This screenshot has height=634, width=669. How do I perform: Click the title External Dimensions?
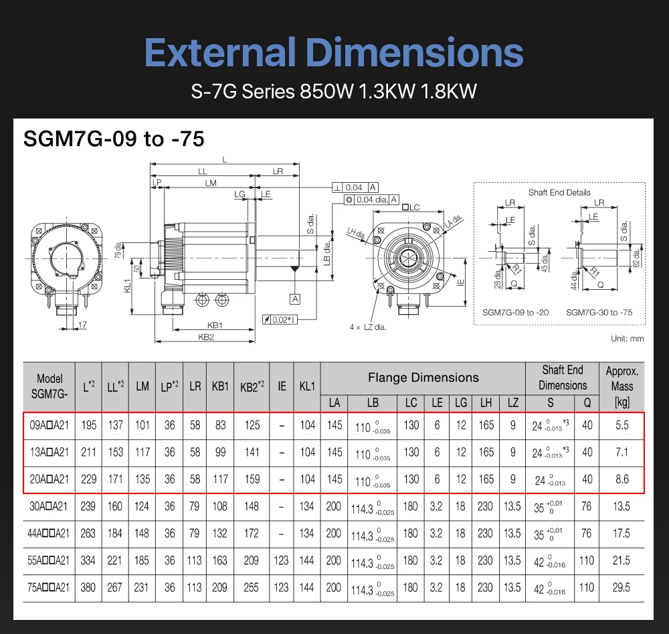point(334,52)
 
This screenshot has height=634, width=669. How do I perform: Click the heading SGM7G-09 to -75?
point(114,139)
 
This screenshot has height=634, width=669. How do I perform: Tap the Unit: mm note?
point(628,339)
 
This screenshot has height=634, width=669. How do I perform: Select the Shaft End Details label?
point(559,193)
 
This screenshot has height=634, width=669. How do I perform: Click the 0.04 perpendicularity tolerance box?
point(355,187)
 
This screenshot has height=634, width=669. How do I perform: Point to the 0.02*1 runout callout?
point(280,319)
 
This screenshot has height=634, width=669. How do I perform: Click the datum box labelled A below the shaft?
point(295,299)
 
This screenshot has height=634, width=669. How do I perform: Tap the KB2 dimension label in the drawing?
point(205,337)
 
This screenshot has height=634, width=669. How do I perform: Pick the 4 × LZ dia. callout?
point(368,327)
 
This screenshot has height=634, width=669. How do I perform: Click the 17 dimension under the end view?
point(83,325)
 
